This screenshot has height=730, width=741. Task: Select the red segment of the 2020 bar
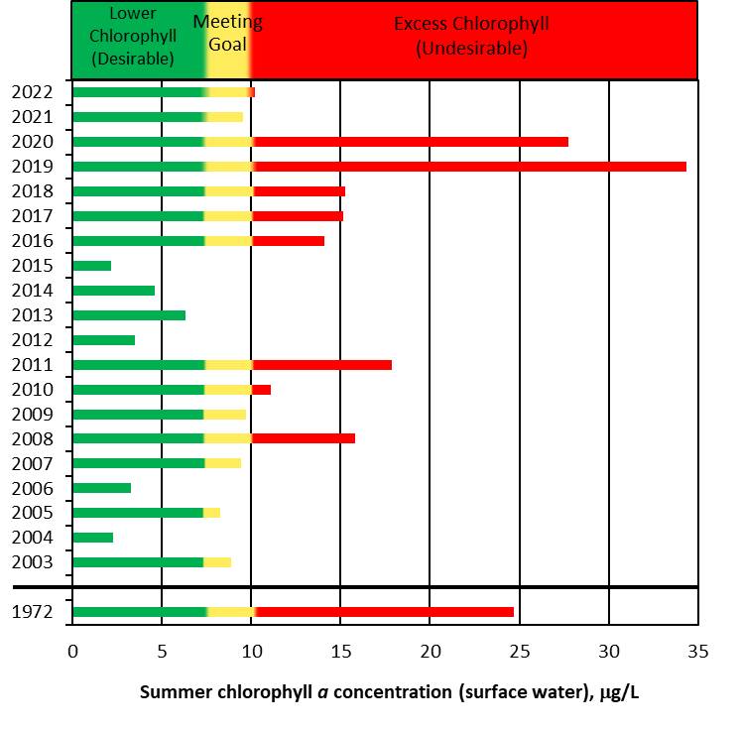[x=411, y=142]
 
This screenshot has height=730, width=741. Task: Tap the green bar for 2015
[x=92, y=266]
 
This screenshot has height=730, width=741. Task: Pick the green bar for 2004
[x=93, y=538]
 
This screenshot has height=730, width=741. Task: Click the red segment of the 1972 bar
[x=385, y=612]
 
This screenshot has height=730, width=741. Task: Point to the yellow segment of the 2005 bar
[x=212, y=513]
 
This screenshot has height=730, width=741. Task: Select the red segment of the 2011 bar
[x=322, y=365]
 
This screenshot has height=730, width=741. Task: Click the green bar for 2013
[x=129, y=315]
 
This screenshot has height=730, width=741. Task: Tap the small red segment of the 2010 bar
[x=261, y=390]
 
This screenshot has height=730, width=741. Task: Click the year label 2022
[x=32, y=92]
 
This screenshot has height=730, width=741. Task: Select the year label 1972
[x=32, y=612]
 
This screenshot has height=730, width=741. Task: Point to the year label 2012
[x=32, y=340]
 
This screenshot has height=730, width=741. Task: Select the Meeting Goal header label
[x=228, y=33]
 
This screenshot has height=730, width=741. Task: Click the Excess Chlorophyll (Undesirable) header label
[x=471, y=35]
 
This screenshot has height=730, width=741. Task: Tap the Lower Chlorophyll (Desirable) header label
[x=133, y=37]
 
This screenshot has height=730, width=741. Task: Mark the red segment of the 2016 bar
[x=288, y=241]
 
